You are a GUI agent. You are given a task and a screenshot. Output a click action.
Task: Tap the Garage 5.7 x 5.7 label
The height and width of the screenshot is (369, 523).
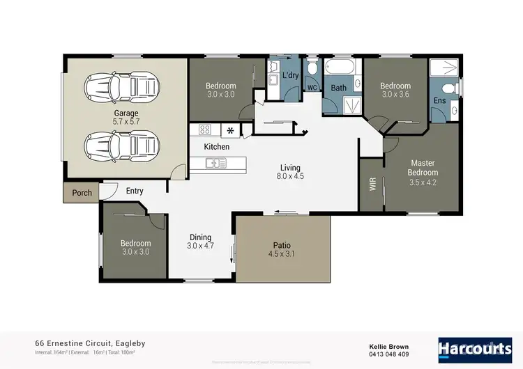(x=126, y=117)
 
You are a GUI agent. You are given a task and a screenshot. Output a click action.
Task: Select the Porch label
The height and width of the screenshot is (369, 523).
(x=82, y=193)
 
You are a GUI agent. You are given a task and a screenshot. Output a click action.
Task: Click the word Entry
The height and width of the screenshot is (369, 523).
(x=135, y=191)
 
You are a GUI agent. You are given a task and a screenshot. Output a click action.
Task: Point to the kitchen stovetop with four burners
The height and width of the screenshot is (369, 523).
(x=205, y=129)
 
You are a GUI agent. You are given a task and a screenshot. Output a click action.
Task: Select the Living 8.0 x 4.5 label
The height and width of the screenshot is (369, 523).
(x=290, y=172)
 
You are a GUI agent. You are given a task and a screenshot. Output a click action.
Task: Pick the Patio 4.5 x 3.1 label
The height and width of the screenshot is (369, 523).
(x=282, y=249)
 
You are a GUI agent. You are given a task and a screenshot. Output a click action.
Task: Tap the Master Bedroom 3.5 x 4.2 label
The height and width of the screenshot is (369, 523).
(x=423, y=172)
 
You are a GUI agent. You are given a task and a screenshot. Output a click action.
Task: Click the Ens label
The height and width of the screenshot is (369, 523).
(x=439, y=101)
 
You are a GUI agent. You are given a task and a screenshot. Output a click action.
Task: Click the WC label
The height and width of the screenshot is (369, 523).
(x=312, y=88)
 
